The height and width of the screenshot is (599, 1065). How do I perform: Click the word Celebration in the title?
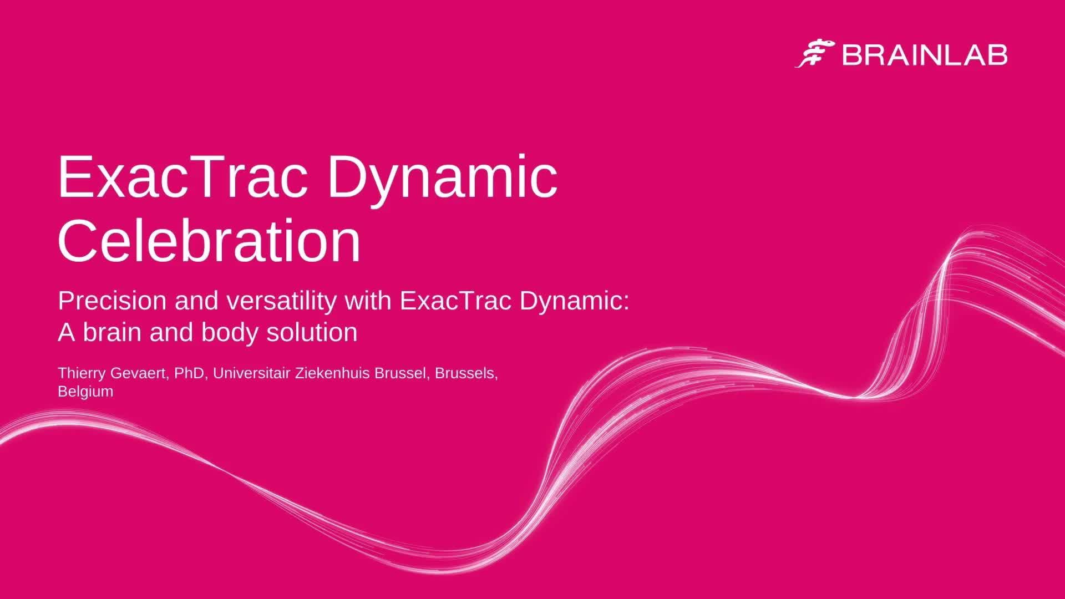pos(210,240)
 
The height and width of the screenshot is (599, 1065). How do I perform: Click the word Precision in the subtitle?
pos(113,301)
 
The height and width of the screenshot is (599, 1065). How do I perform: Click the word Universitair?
pos(251,373)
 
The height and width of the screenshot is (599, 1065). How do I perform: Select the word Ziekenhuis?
pos(333,373)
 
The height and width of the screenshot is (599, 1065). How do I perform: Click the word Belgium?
pos(85,392)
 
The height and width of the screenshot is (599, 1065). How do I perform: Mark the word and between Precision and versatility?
pos(197,301)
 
